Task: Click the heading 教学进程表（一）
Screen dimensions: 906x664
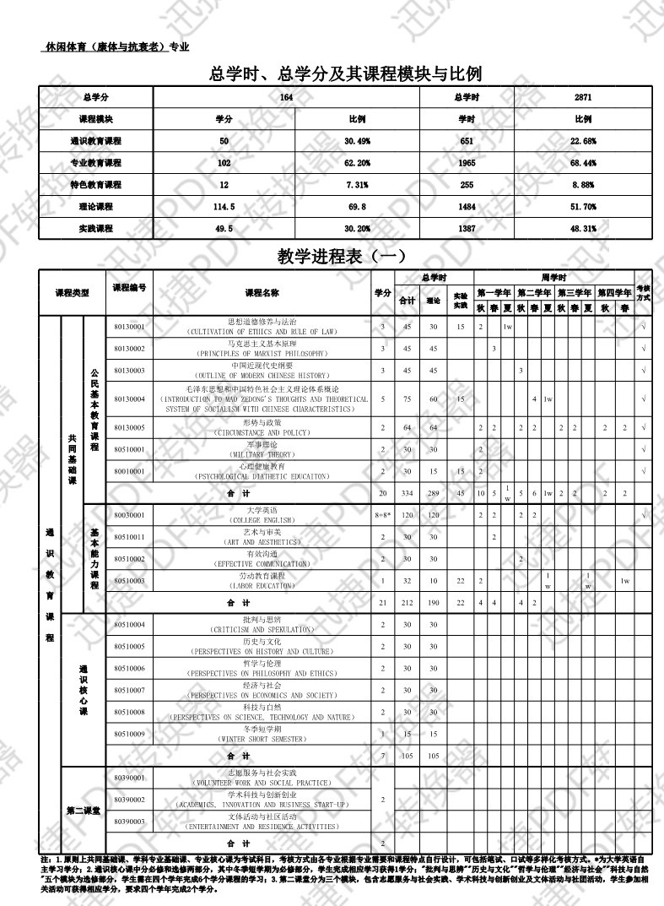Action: (343, 257)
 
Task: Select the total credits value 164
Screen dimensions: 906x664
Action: (287, 98)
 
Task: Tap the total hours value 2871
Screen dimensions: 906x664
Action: (584, 98)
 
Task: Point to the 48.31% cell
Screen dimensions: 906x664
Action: (584, 229)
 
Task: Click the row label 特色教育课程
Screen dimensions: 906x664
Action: (95, 185)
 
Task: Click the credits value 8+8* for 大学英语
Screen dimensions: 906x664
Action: (382, 515)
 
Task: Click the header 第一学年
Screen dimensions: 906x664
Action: (494, 292)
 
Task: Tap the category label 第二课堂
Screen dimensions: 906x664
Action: (84, 811)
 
